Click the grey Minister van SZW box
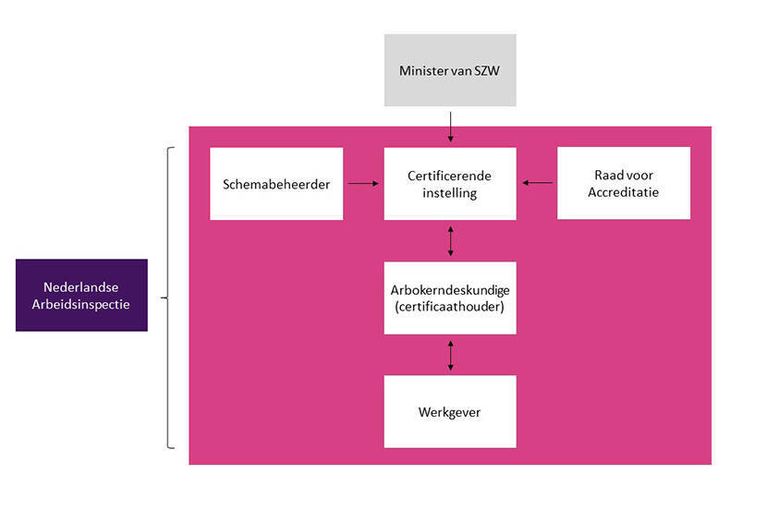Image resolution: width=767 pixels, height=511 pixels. click(450, 70)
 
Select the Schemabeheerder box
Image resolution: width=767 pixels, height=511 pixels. click(276, 183)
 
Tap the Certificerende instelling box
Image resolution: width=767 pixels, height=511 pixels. click(450, 183)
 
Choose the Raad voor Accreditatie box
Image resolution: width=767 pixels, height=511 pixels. click(624, 183)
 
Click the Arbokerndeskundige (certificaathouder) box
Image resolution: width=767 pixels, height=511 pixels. click(450, 298)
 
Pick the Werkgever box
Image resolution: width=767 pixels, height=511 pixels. click(450, 411)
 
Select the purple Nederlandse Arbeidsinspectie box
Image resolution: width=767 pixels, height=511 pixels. click(81, 295)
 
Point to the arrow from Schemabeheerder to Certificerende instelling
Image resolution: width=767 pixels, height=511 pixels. click(363, 183)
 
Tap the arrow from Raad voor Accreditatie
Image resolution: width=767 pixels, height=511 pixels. click(537, 183)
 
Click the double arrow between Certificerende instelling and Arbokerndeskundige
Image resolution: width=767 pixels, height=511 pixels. click(450, 240)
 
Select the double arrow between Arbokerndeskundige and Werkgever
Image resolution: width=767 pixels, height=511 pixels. click(450, 355)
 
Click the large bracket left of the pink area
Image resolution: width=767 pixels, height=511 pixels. click(169, 298)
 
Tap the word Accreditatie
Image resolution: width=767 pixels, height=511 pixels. click(624, 192)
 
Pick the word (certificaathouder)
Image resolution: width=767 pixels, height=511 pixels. click(450, 306)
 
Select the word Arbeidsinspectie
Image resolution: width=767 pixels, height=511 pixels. click(81, 304)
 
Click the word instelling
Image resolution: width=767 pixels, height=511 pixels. click(450, 192)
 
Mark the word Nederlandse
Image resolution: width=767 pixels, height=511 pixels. click(81, 286)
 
